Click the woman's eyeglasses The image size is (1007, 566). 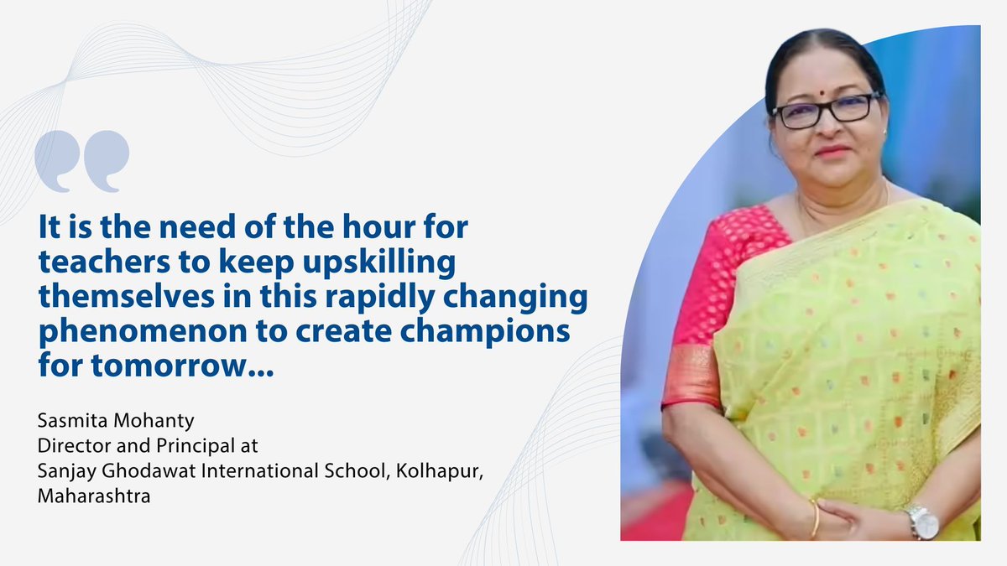point(826,112)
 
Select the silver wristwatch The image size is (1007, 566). point(923,522)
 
